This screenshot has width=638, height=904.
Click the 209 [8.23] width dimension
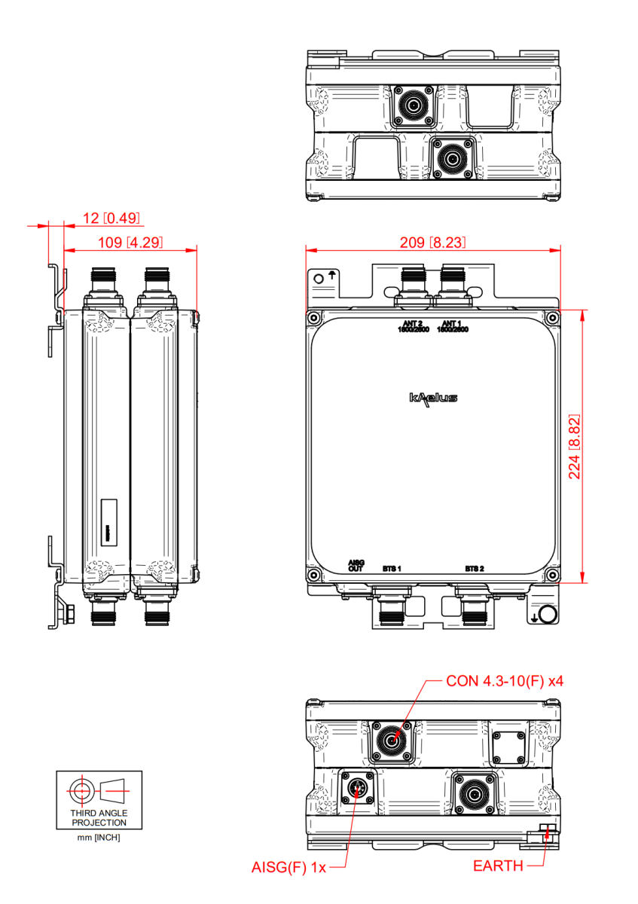433,243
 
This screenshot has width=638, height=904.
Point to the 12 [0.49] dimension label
112,218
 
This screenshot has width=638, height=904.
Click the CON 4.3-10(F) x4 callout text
505,681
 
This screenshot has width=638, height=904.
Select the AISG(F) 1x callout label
288,867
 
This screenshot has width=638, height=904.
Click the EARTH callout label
498,866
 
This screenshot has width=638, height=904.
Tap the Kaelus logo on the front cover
433,398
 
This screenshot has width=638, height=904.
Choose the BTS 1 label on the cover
392,568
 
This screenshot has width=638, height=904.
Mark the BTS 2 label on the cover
474,568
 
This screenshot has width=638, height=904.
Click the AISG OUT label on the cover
356,566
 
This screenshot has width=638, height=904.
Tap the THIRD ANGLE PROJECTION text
99,818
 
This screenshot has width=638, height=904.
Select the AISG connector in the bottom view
356,789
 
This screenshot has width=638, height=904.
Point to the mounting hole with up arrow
319,279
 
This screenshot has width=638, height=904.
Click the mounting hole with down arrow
548,615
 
